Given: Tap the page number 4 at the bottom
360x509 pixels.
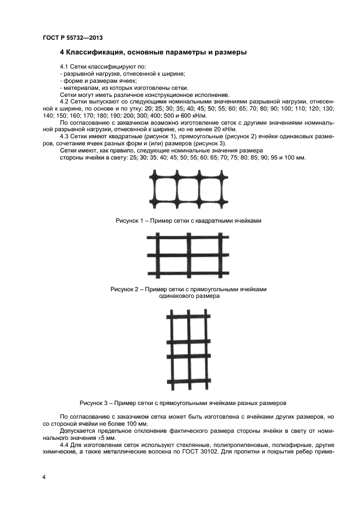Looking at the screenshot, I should coord(44,477).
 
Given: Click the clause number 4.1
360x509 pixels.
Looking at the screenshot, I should coord(65,66).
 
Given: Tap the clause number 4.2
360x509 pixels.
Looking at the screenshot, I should coord(65,102).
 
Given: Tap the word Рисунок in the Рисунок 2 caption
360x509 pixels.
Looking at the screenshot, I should coord(125,290).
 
